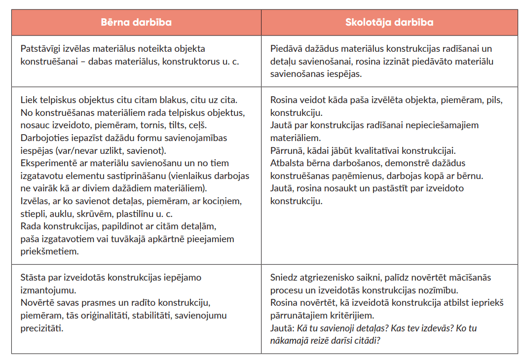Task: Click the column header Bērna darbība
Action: (136, 22)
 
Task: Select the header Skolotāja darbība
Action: (389, 22)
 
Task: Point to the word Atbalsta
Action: (288, 163)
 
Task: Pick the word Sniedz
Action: (283, 278)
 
